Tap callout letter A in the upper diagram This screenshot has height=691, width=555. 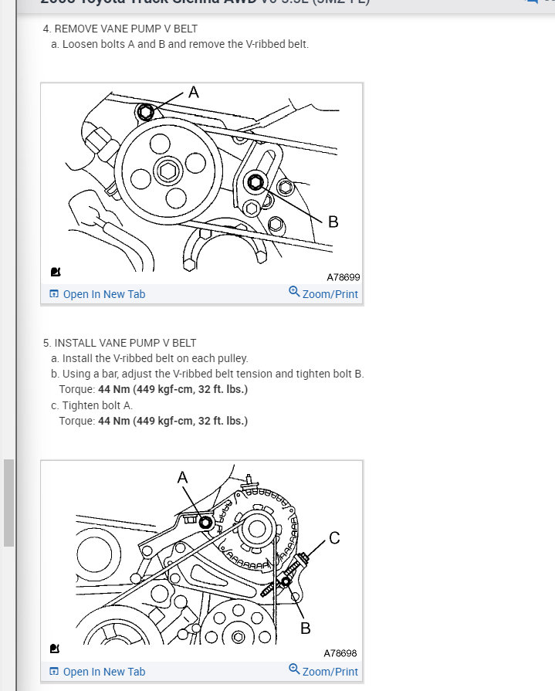194,92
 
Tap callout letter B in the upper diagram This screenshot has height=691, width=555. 333,222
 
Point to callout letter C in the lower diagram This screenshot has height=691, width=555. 334,538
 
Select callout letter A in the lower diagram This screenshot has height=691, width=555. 183,478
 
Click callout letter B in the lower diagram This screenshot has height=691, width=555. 306,628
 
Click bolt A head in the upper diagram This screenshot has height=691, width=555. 145,113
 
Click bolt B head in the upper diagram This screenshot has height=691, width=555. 256,182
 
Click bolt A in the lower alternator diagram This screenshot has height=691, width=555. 205,523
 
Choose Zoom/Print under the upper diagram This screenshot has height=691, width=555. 323,294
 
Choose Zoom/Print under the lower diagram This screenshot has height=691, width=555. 323,671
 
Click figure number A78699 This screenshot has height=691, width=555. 343,276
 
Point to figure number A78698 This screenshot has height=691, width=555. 340,653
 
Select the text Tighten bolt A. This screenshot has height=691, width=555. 98,405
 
